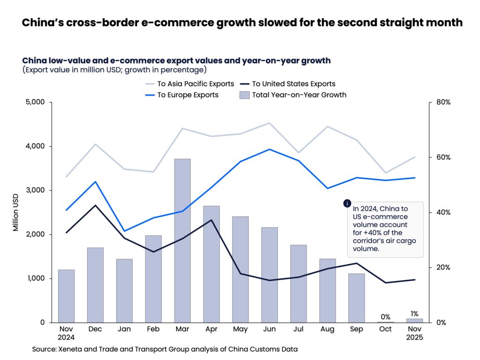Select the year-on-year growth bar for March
(182, 240)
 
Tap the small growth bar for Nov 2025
(414, 320)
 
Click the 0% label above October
(385, 316)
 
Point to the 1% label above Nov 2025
(414, 314)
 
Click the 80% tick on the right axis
(443, 102)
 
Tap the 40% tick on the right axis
(443, 212)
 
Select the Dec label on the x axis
(96, 329)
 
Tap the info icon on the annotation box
(347, 203)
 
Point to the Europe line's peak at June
(269, 150)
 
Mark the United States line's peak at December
(96, 205)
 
